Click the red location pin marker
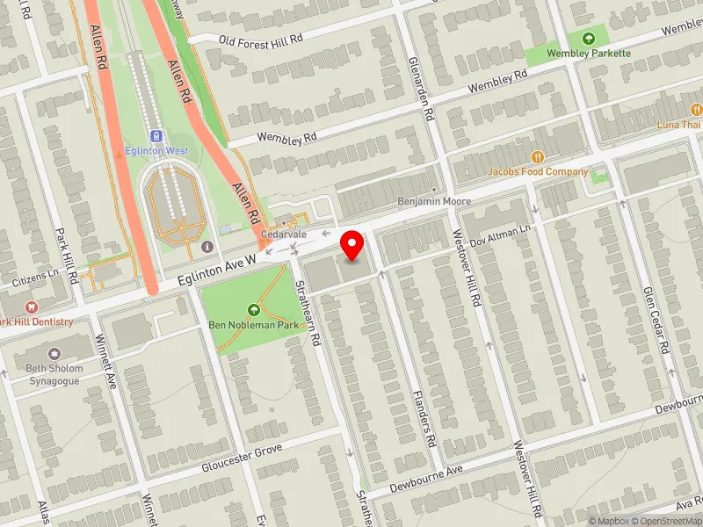[x=353, y=245]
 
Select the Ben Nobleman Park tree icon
[x=254, y=309]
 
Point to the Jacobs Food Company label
[x=539, y=171]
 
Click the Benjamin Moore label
[x=434, y=201]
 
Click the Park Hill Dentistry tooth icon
[x=31, y=307]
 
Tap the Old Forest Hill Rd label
[x=260, y=40]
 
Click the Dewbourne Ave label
[x=426, y=476]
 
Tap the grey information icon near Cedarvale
[x=207, y=246]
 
